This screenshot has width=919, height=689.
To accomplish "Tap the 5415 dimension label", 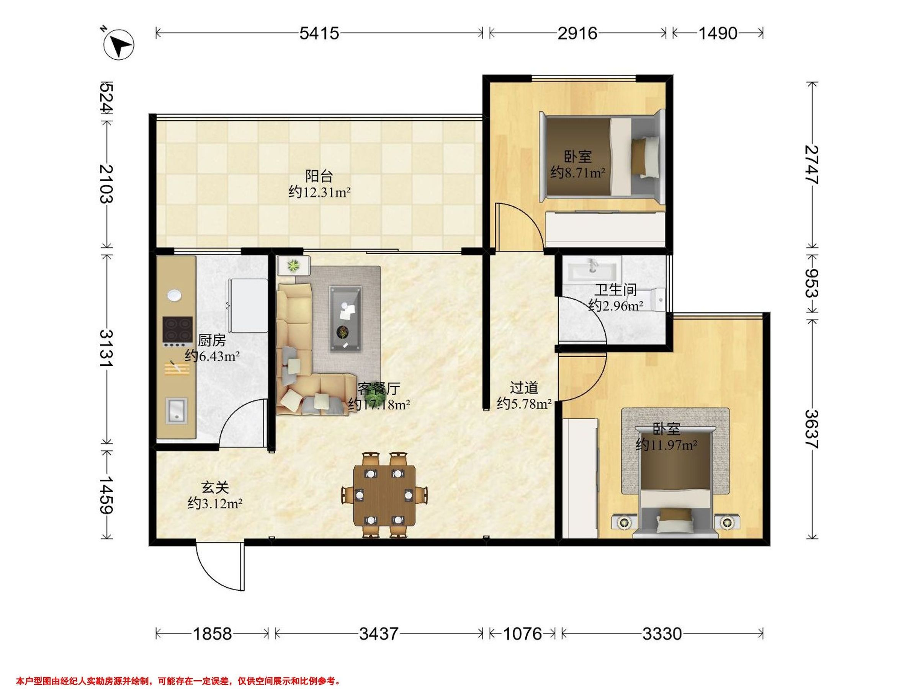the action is click(319, 33).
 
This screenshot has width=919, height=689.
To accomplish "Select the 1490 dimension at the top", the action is click(718, 33).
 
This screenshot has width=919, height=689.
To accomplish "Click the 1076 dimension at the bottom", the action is click(523, 634).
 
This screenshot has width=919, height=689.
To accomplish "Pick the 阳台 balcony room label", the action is click(319, 176).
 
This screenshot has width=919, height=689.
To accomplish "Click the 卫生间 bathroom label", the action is click(615, 289).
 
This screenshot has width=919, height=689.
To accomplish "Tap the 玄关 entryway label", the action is click(215, 488).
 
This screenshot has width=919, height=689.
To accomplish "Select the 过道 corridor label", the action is click(524, 387).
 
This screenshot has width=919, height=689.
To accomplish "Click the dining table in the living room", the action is click(384, 495).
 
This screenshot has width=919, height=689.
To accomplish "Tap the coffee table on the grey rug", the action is click(345, 318).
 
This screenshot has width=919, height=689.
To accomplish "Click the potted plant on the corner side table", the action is click(294, 265).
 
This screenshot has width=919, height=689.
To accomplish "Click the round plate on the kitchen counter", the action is click(175, 295).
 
